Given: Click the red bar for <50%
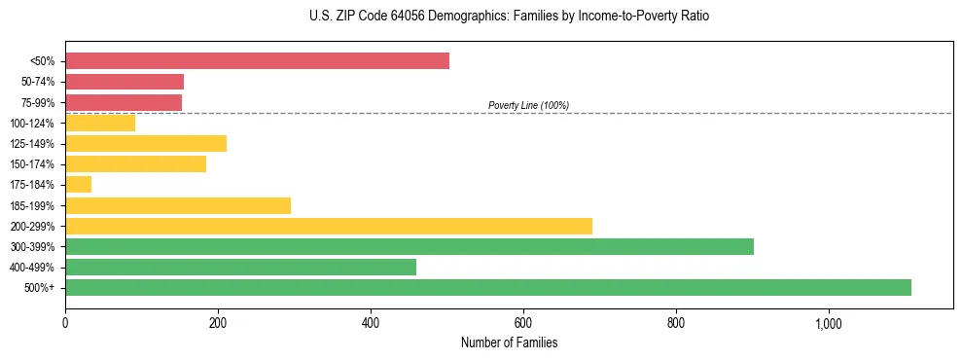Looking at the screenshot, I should point(257,61).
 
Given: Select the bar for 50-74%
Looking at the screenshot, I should point(125,82).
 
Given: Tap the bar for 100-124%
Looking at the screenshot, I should point(100,123).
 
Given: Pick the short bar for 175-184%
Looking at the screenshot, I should point(78,184).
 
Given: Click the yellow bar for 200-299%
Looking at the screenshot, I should point(329,226).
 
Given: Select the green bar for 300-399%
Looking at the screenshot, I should point(410,246).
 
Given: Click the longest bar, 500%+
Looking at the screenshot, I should point(488,287).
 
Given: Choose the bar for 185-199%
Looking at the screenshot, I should point(178,205).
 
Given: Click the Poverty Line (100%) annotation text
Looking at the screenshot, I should point(528,105).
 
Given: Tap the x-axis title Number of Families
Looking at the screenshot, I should point(509,342).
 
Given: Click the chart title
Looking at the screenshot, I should point(509,17).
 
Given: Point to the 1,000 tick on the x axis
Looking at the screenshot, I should point(829,322).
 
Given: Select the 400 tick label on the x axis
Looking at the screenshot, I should point(371,322).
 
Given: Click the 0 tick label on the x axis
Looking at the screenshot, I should point(65,322).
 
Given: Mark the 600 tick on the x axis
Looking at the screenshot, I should point(523,322).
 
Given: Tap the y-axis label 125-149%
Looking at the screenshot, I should point(33,144).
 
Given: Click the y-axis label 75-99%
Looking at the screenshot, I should point(38,102).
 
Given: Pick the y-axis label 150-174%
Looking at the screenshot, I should point(33,164).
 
